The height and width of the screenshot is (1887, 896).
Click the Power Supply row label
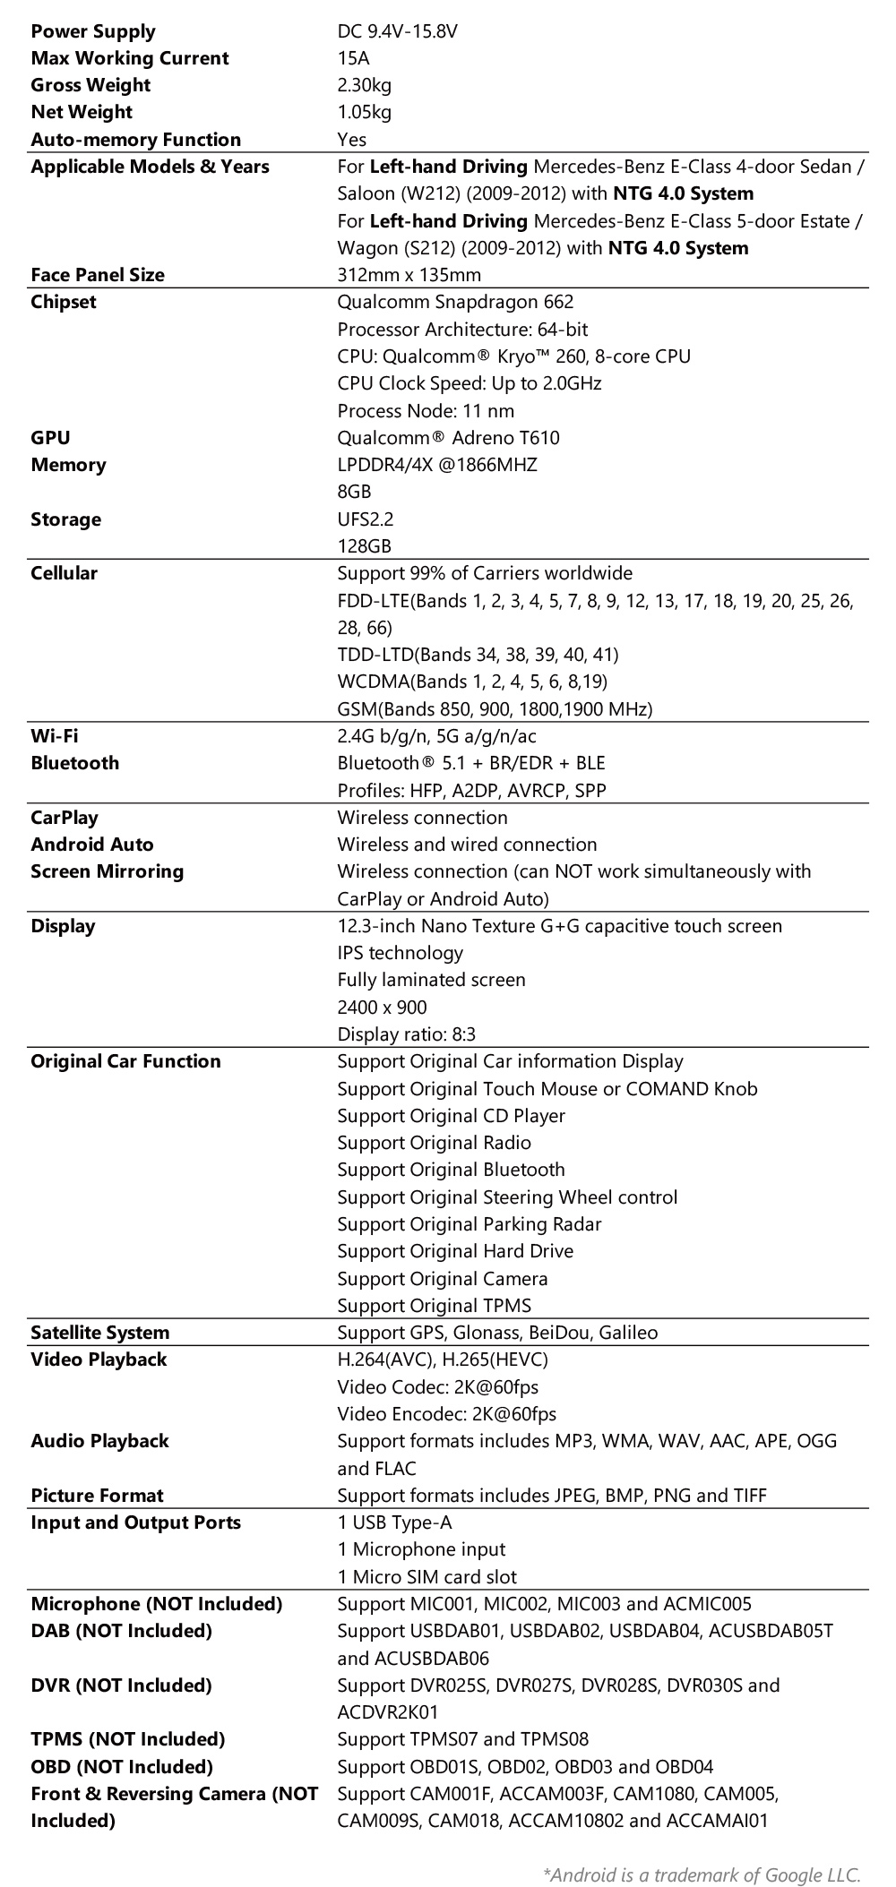click(x=92, y=31)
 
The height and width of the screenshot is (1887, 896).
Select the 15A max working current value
click(x=353, y=58)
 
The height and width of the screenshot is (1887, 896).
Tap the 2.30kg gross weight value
click(x=364, y=85)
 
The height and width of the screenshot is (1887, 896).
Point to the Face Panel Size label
click(x=98, y=275)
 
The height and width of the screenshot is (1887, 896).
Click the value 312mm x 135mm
click(x=409, y=275)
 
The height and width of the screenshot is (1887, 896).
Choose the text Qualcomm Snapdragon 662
click(x=455, y=302)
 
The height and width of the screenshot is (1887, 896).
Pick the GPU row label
click(x=50, y=438)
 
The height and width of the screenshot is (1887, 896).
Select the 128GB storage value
click(x=364, y=546)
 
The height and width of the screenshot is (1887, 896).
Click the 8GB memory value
click(x=354, y=492)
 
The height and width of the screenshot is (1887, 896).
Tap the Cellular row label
click(x=64, y=573)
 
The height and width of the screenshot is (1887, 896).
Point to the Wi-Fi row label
click(x=54, y=736)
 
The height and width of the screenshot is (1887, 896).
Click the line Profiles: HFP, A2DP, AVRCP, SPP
click(x=471, y=791)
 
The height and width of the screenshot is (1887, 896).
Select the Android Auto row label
click(x=92, y=845)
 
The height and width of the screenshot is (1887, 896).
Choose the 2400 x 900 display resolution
click(x=382, y=1008)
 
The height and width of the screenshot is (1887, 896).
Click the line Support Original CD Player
click(x=451, y=1116)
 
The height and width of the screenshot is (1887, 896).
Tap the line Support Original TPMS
click(x=434, y=1306)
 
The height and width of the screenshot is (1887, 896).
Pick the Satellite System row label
click(x=99, y=1333)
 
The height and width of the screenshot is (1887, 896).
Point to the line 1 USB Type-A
click(x=394, y=1522)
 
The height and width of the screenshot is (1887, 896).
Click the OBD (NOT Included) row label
click(x=122, y=1767)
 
